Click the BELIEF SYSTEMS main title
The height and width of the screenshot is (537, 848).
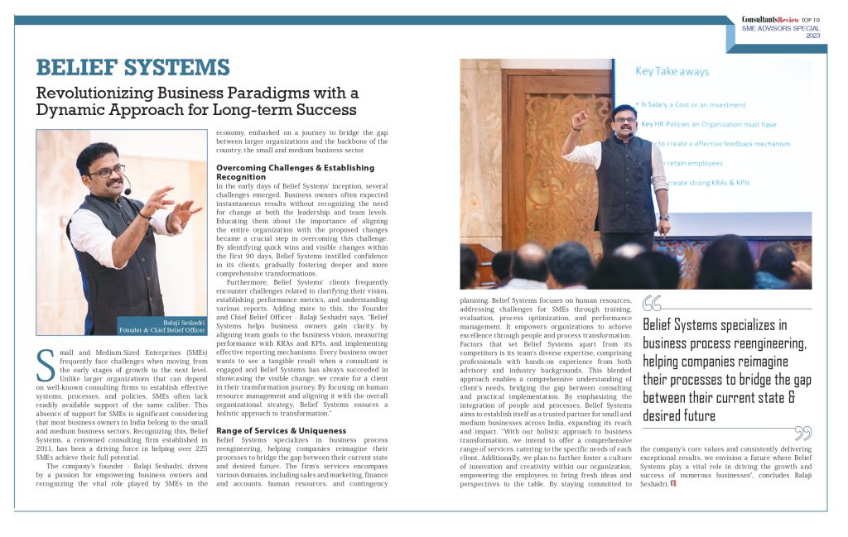coord(132,68)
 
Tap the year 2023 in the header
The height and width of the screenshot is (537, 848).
coord(812,36)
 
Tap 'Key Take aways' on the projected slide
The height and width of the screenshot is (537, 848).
coord(672,72)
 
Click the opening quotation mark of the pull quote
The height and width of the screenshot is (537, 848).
coord(652,304)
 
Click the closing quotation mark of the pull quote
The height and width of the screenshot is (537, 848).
coord(802,433)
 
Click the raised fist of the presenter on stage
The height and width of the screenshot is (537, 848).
coord(579,118)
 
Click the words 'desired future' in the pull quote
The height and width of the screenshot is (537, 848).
coord(679,415)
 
